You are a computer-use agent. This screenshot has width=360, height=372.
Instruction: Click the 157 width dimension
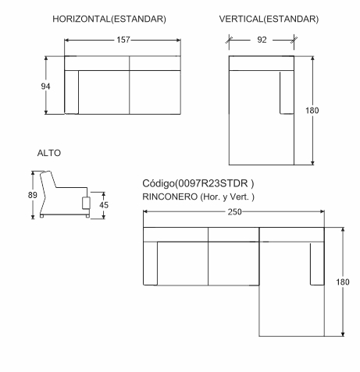pyautogui.click(x=123, y=40)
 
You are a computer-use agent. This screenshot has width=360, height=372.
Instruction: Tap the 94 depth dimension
pyautogui.click(x=45, y=86)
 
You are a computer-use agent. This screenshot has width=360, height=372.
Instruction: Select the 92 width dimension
pyautogui.click(x=262, y=40)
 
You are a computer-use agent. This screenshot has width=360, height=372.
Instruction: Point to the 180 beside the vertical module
pyautogui.click(x=312, y=111)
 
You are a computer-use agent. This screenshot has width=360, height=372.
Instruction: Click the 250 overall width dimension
pyautogui.click(x=234, y=212)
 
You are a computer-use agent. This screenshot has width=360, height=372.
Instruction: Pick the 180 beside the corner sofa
pyautogui.click(x=343, y=282)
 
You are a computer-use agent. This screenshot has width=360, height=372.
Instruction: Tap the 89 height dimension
pyautogui.click(x=33, y=195)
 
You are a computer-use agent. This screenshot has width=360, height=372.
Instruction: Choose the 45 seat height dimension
pyautogui.click(x=104, y=205)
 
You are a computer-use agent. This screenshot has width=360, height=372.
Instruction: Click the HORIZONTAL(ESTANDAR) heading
pyautogui.click(x=109, y=19)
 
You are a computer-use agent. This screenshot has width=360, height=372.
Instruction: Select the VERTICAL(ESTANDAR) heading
pyautogui.click(x=269, y=19)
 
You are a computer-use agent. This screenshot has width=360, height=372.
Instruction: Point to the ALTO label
pyautogui.click(x=49, y=153)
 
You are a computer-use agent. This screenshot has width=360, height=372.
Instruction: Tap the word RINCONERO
pyautogui.click(x=170, y=197)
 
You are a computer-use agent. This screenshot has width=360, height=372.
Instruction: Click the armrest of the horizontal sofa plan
pyautogui.click(x=72, y=92)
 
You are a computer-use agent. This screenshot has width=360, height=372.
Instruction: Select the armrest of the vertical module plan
pyautogui.click(x=287, y=93)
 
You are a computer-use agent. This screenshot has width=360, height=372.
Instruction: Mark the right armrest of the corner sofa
pyautogui.click(x=317, y=264)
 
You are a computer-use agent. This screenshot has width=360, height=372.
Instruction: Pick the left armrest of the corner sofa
pyautogui.click(x=151, y=264)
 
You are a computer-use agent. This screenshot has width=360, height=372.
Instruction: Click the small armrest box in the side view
pyautogui.click(x=86, y=203)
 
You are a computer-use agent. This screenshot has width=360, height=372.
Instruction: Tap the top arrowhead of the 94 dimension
pyautogui.click(x=46, y=58)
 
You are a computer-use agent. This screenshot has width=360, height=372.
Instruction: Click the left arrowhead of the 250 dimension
pyautogui.click(x=145, y=211)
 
